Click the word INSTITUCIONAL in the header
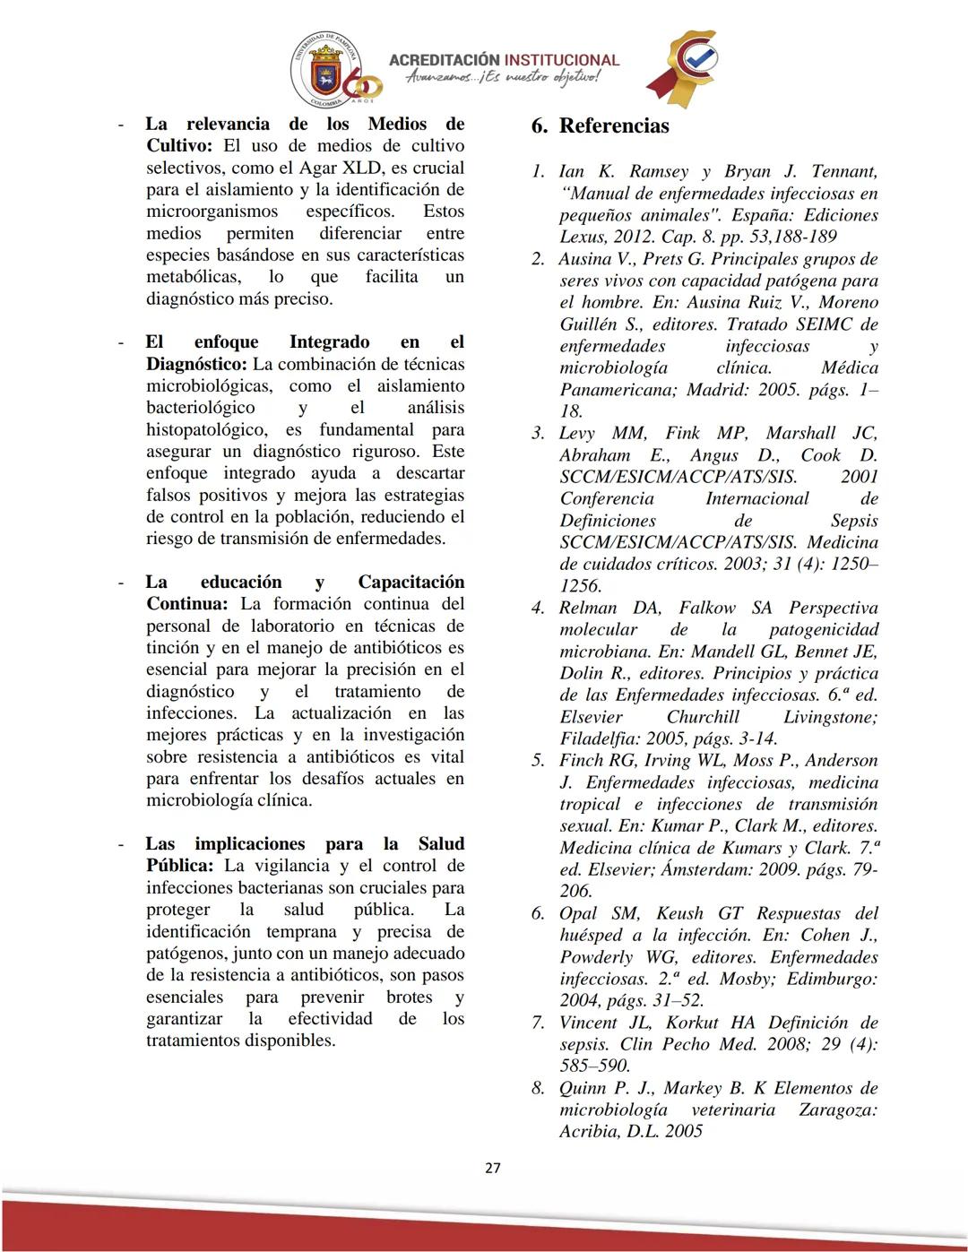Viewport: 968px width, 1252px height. [x=562, y=60]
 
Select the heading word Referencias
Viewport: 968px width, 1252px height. [x=614, y=125]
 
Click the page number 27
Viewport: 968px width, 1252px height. [x=492, y=1168]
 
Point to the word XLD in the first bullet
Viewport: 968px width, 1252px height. [x=362, y=168]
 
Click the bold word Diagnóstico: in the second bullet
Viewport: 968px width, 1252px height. [x=196, y=364]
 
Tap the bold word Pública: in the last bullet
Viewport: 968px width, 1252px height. [x=179, y=866]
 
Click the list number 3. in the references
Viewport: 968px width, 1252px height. [x=538, y=434]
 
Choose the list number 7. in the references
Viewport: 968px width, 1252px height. [x=538, y=1023]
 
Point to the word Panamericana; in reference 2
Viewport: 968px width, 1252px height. [x=618, y=390]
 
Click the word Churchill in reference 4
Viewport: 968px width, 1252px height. [x=703, y=717]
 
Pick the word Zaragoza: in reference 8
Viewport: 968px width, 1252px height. [x=837, y=1110]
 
